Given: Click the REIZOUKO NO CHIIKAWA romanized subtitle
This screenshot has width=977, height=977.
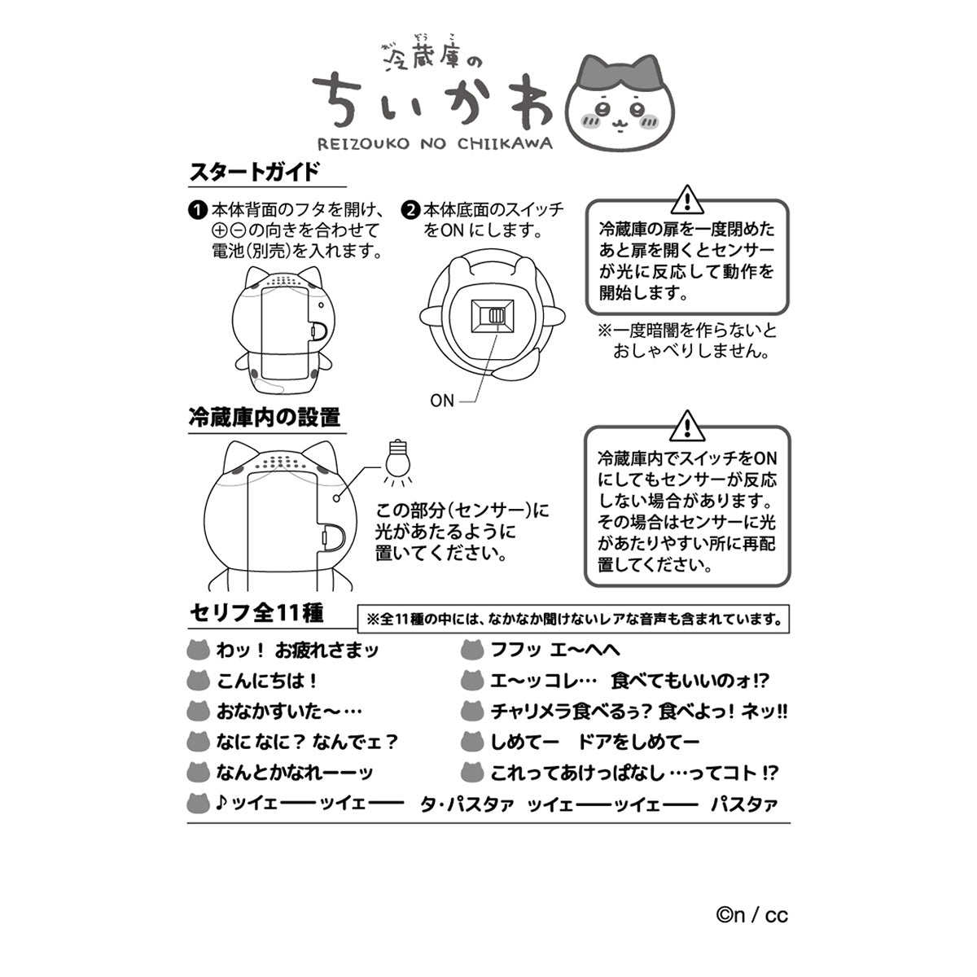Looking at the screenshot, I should click(x=432, y=143).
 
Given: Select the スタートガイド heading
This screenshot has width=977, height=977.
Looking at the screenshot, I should click(x=254, y=173).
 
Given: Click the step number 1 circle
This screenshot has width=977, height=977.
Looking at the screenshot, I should click(x=196, y=209).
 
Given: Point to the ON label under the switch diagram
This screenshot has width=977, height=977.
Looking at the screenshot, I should click(x=442, y=401).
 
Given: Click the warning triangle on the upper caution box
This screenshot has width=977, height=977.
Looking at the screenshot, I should click(x=687, y=198).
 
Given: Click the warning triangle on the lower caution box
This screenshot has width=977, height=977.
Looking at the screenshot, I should click(x=687, y=424).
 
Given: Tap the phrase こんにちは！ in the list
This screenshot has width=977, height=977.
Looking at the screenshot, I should click(x=267, y=681).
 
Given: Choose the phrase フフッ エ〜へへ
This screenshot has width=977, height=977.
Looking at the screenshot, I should click(x=555, y=650).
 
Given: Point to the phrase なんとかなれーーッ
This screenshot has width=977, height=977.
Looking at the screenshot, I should click(x=295, y=773).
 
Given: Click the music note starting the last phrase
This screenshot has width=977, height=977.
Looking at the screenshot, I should click(x=221, y=804).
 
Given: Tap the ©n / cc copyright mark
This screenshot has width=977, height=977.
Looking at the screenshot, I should click(x=752, y=915).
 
